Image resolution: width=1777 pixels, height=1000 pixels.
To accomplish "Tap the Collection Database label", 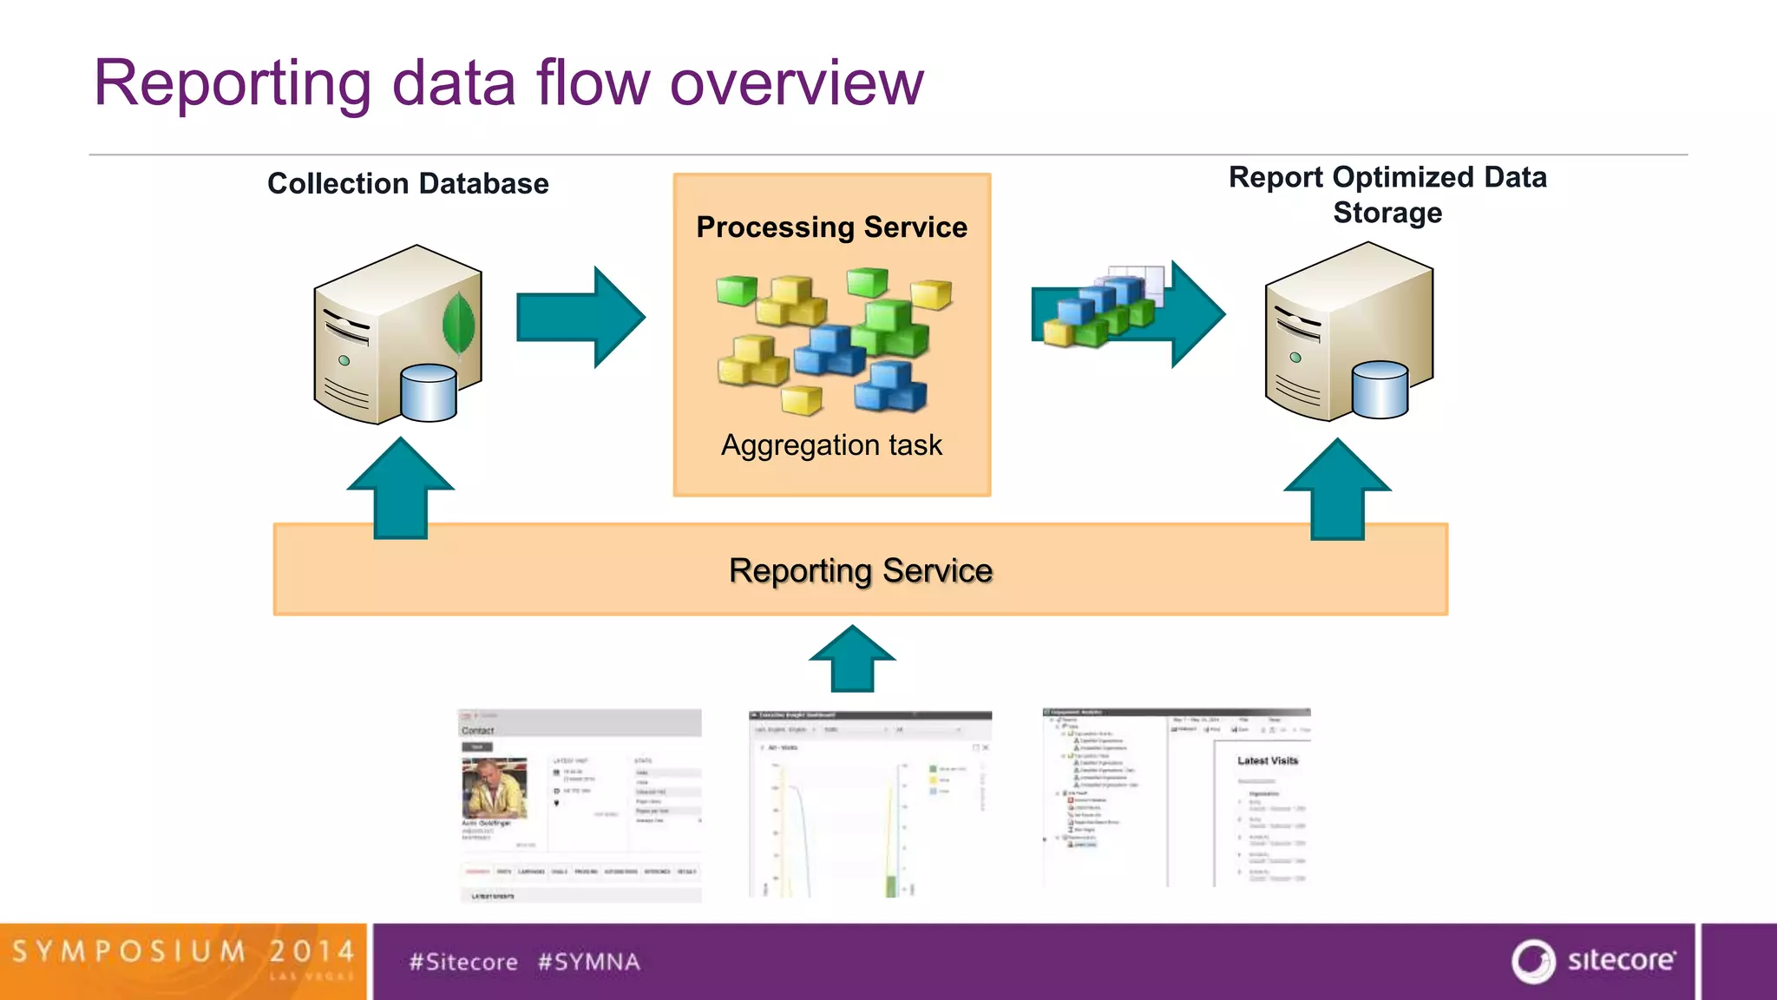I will tap(408, 184).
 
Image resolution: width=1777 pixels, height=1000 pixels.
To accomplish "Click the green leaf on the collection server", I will tap(458, 323).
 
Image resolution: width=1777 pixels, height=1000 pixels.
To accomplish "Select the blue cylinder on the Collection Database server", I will tap(429, 393).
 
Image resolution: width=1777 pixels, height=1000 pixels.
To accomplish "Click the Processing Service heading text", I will tap(831, 227).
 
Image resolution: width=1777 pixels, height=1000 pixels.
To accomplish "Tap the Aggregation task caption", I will tap(831, 445).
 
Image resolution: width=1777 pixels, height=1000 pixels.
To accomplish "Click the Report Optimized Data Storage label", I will tap(1387, 194).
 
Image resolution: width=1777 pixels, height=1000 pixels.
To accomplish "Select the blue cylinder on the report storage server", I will tap(1380, 390).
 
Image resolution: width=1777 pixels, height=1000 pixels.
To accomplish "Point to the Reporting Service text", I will tap(860, 571).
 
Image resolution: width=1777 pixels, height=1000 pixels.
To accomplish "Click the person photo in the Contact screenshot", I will tap(494, 788).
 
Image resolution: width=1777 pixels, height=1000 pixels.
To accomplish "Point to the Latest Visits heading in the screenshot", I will tap(1267, 760).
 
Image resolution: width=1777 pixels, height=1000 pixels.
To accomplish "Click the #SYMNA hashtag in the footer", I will tap(588, 962).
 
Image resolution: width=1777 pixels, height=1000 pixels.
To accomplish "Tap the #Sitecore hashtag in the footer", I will tap(463, 962).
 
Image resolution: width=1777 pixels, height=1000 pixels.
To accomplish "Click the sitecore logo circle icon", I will tap(1533, 961).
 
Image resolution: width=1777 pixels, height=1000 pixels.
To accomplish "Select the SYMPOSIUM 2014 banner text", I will tap(183, 952).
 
